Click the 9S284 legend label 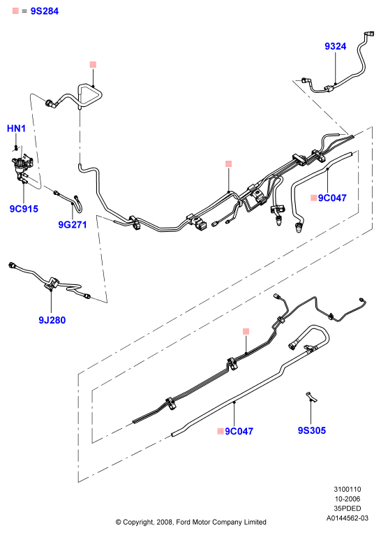tap(45, 11)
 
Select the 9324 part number tap(335, 46)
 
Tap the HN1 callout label tap(16, 129)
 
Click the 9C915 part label tap(24, 209)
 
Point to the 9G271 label tap(73, 225)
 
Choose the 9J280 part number tap(52, 320)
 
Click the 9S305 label tap(312, 430)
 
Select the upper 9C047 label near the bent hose tap(332, 198)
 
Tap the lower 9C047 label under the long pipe tap(239, 431)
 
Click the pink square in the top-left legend tap(15, 11)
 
